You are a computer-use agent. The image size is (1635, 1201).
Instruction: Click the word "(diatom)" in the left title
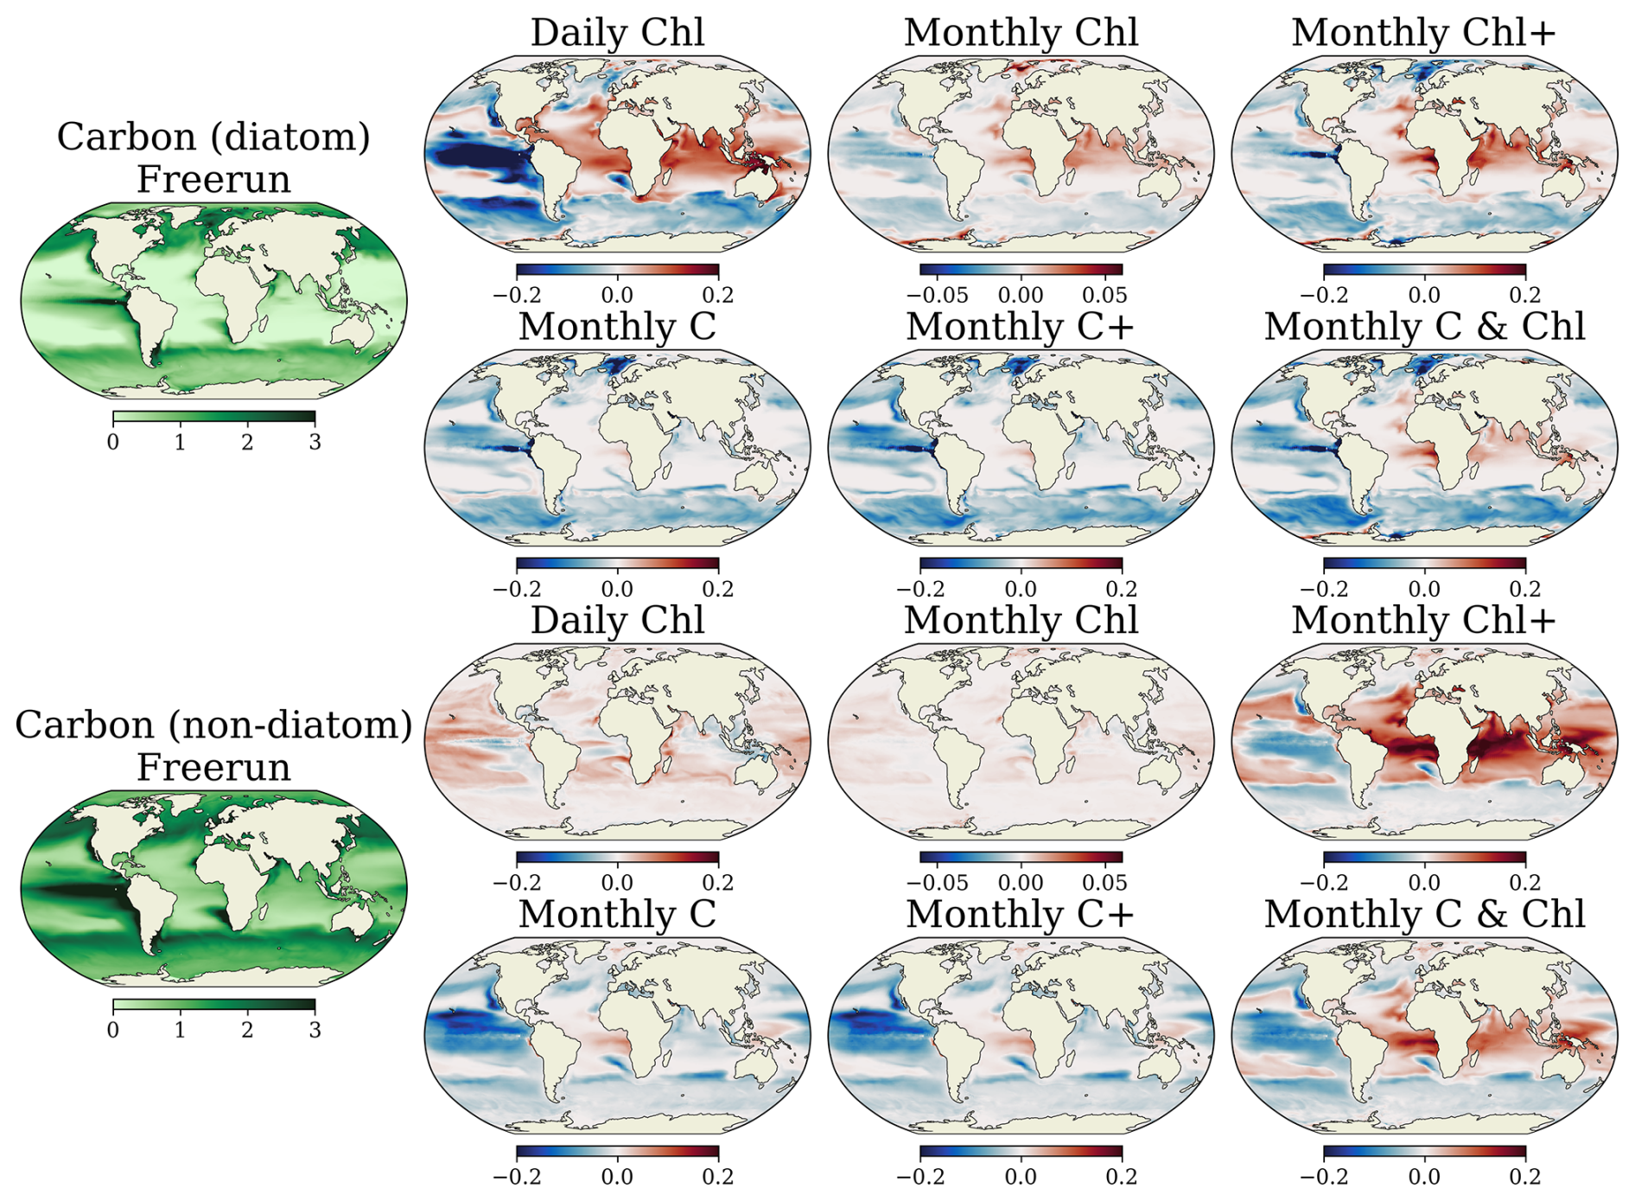click(x=290, y=138)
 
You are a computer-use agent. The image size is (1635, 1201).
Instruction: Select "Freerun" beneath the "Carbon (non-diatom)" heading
click(x=213, y=767)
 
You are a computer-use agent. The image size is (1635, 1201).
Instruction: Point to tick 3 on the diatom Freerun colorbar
click(x=315, y=442)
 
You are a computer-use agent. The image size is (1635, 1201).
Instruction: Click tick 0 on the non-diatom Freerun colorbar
click(x=113, y=1030)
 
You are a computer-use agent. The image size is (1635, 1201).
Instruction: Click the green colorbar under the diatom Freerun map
click(x=214, y=417)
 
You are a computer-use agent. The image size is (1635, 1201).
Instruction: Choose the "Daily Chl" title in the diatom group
click(x=617, y=33)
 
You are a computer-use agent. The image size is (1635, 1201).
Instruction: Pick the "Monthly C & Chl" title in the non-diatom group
click(x=1424, y=914)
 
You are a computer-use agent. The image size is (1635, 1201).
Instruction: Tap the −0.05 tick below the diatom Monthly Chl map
click(x=938, y=295)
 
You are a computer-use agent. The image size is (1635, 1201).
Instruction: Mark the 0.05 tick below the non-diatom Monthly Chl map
click(x=1104, y=883)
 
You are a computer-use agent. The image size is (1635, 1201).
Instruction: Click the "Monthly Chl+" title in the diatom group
click(x=1424, y=33)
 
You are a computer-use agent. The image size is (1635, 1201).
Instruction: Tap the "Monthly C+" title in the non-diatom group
click(x=1021, y=914)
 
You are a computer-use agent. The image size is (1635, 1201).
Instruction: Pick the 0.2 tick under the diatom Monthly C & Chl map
click(x=1525, y=589)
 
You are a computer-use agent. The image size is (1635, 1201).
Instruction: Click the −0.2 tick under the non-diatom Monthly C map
click(x=517, y=1177)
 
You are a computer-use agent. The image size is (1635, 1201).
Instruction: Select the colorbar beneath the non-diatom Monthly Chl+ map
click(x=1424, y=857)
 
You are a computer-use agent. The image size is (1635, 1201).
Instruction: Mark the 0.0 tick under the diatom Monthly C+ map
click(x=1021, y=589)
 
